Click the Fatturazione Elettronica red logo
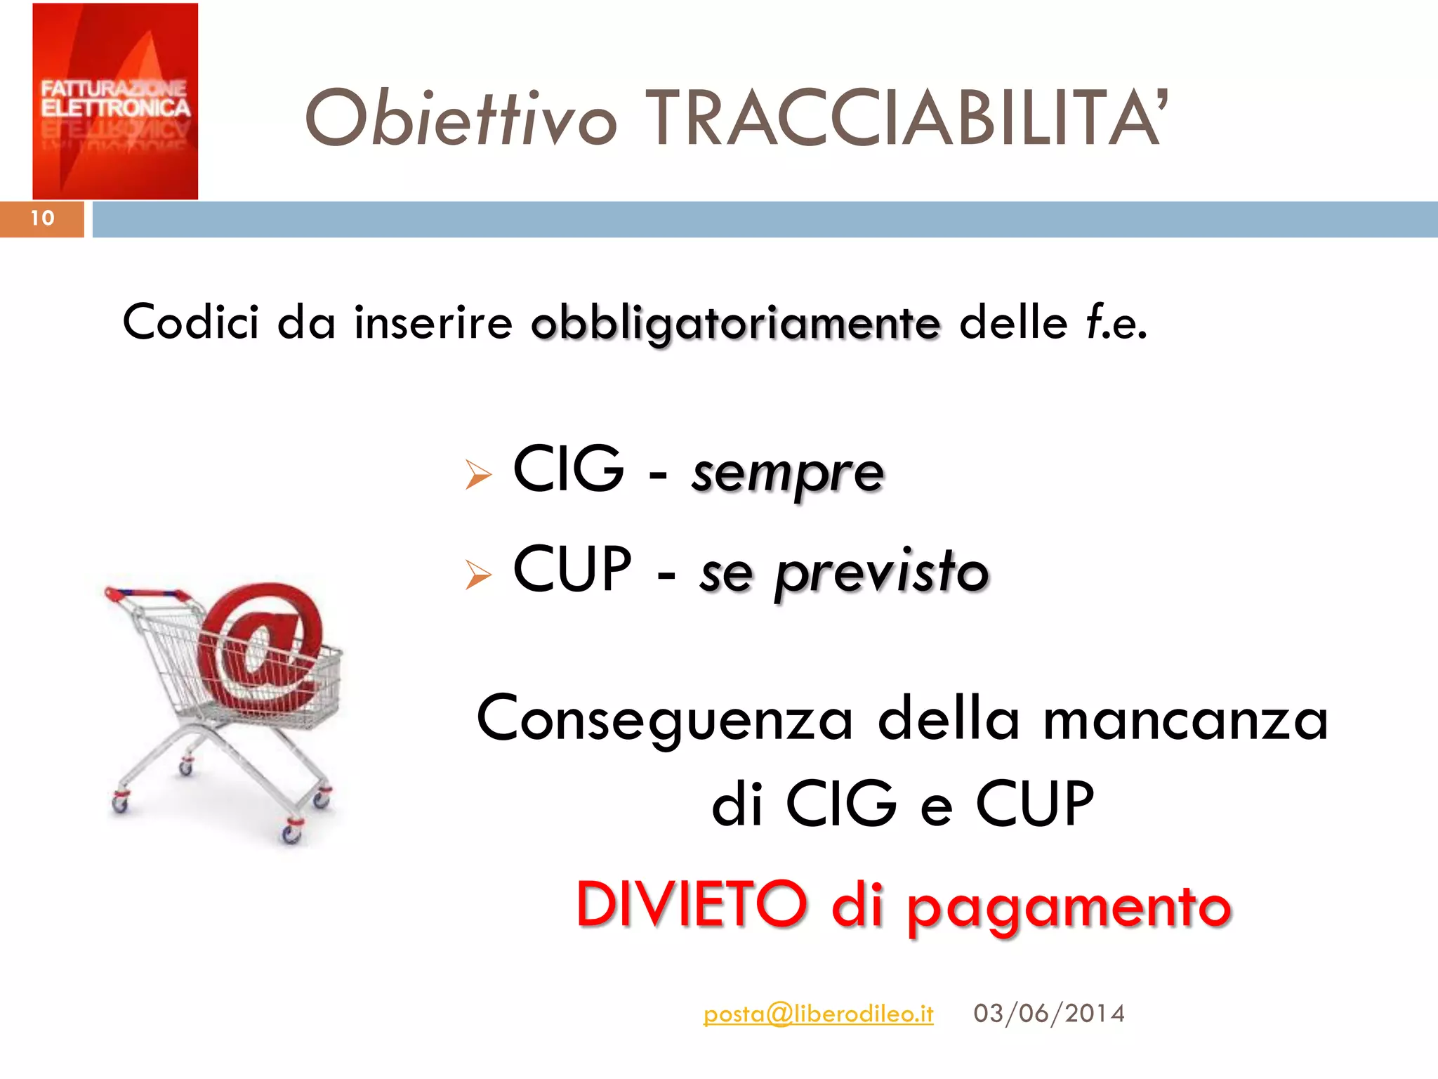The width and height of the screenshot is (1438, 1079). click(x=115, y=101)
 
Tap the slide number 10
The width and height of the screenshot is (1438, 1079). click(x=42, y=218)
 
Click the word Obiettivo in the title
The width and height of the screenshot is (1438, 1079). click(x=460, y=119)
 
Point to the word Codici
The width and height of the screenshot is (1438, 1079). click(x=190, y=322)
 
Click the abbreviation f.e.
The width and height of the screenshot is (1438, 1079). click(x=1116, y=323)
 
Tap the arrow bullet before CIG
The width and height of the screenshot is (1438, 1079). click(x=478, y=475)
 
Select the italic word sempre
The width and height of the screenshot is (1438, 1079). click(x=787, y=472)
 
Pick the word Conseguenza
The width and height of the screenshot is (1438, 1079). click(x=664, y=720)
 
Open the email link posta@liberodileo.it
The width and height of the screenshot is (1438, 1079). click(x=818, y=1014)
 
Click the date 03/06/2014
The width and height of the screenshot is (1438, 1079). click(x=1049, y=1014)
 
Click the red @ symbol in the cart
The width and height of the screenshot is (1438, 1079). click(x=263, y=646)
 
